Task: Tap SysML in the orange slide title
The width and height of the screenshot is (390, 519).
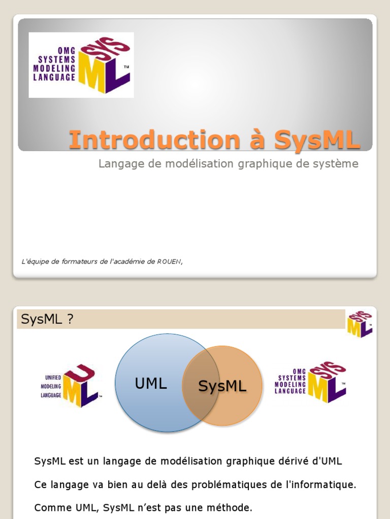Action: coord(317,140)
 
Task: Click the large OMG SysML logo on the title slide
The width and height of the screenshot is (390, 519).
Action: coord(81,65)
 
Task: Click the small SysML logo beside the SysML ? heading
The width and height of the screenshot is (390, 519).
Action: coord(360,324)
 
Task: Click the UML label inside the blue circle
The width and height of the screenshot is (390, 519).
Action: coord(151,384)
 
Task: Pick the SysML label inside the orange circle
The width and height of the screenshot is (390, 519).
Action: coord(222,386)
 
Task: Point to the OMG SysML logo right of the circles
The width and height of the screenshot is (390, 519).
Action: coord(311,381)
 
